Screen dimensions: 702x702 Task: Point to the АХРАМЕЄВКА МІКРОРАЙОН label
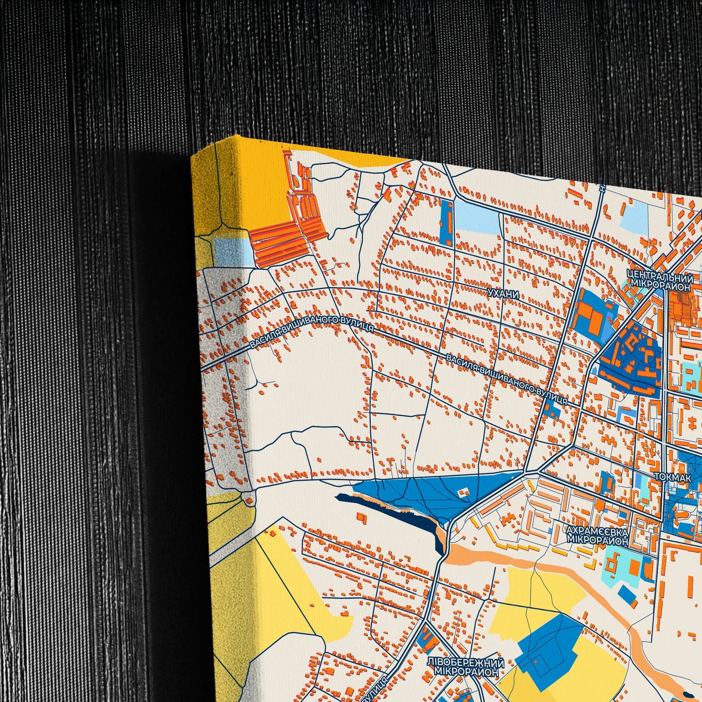tap(597, 536)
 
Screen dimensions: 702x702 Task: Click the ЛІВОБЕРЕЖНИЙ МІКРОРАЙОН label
tap(465, 668)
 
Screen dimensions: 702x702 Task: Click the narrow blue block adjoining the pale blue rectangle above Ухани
tap(446, 222)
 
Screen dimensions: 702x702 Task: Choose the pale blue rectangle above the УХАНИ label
tap(477, 217)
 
